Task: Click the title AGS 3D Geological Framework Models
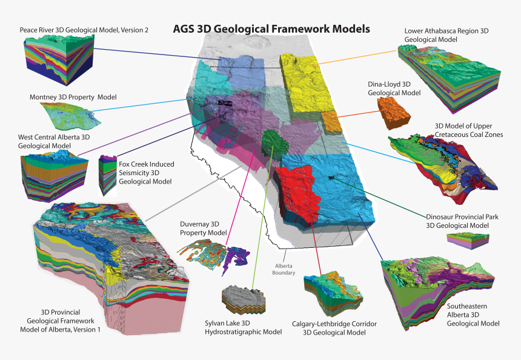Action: click(x=271, y=28)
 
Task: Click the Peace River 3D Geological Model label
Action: click(x=84, y=29)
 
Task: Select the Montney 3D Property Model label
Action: click(x=73, y=97)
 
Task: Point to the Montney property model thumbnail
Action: click(x=67, y=115)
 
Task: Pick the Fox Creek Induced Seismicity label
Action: click(x=145, y=173)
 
